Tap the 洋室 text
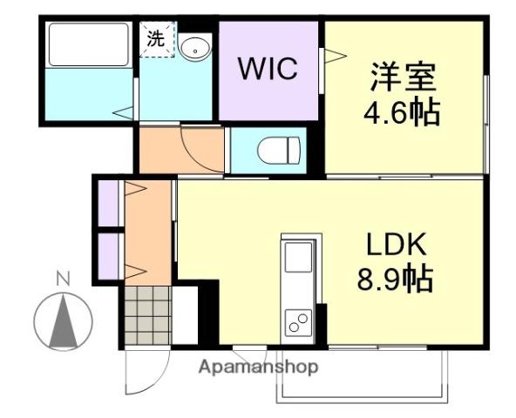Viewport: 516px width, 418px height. pyautogui.click(x=403, y=77)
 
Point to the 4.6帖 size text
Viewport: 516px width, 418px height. pyautogui.click(x=403, y=112)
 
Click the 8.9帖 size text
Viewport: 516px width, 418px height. pyautogui.click(x=395, y=280)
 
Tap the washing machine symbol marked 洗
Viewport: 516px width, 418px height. pyautogui.click(x=157, y=39)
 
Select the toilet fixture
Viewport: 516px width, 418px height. pyautogui.click(x=278, y=152)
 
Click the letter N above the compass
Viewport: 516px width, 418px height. pyautogui.click(x=63, y=280)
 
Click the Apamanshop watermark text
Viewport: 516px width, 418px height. pyautogui.click(x=259, y=367)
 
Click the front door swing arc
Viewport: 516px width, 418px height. pyautogui.click(x=144, y=374)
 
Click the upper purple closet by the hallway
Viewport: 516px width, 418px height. pyautogui.click(x=108, y=202)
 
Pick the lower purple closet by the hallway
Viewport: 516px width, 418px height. pyautogui.click(x=108, y=253)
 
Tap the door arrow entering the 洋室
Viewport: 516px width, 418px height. pyautogui.click(x=331, y=57)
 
